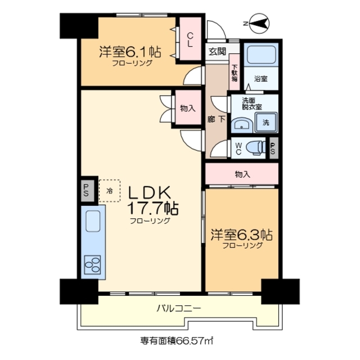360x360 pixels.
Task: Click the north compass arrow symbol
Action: (x=258, y=23)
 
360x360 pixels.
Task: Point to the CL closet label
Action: (x=190, y=38)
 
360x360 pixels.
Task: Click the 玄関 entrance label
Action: (x=217, y=52)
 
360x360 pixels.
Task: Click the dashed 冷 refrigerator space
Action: (x=110, y=190)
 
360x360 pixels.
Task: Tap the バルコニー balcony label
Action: (x=178, y=309)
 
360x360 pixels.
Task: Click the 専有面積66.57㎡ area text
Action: (x=177, y=340)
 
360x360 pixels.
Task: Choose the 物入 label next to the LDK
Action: (x=187, y=107)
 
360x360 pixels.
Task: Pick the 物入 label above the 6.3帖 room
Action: (x=242, y=174)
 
